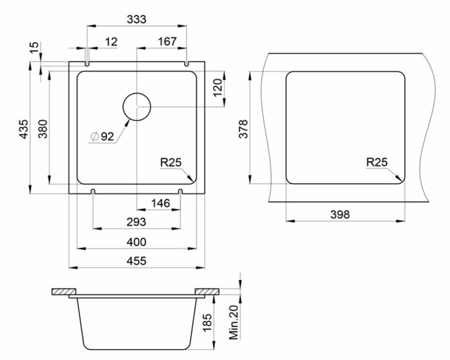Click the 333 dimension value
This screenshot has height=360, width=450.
coord(136,19)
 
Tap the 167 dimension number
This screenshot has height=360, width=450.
coord(167,41)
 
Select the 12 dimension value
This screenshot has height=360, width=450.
coord(111,42)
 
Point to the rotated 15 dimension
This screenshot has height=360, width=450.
coord(34,48)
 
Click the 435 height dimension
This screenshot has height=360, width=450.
coord(24,129)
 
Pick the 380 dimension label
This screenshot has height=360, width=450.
coord(43,129)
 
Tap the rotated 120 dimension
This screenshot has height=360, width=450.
coord(218,88)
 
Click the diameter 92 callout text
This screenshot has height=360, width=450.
coord(102,136)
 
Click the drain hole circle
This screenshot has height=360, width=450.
coord(136,93)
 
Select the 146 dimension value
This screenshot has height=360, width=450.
coord(161,203)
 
